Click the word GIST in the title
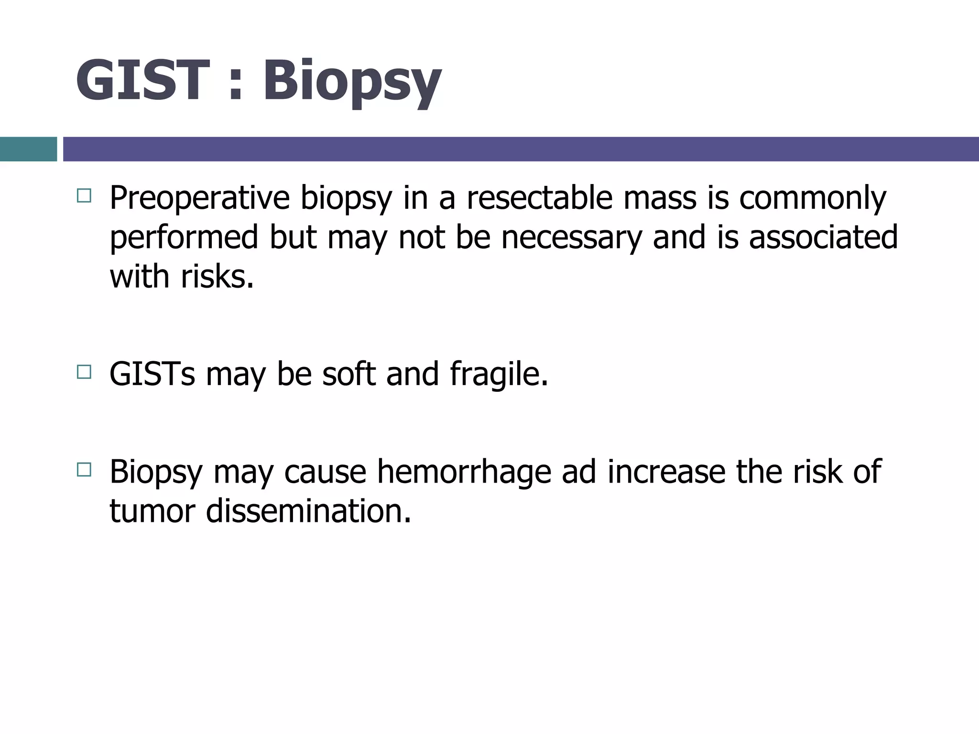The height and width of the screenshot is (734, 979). click(x=142, y=80)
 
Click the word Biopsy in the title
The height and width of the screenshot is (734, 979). click(x=351, y=81)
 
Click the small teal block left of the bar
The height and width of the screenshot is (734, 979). click(x=28, y=149)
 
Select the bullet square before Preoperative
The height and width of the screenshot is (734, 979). click(x=84, y=195)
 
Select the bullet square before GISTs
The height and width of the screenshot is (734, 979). click(x=84, y=372)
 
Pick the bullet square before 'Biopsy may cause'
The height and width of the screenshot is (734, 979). click(x=84, y=470)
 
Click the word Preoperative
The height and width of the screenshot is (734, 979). click(x=199, y=198)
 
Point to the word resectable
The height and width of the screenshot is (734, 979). click(x=539, y=198)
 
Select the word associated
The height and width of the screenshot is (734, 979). click(x=823, y=237)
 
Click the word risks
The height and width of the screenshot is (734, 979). click(x=217, y=277)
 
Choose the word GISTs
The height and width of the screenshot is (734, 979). click(x=152, y=374)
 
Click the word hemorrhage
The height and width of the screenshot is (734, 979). click(x=463, y=473)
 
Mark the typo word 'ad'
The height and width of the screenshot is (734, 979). click(x=578, y=472)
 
